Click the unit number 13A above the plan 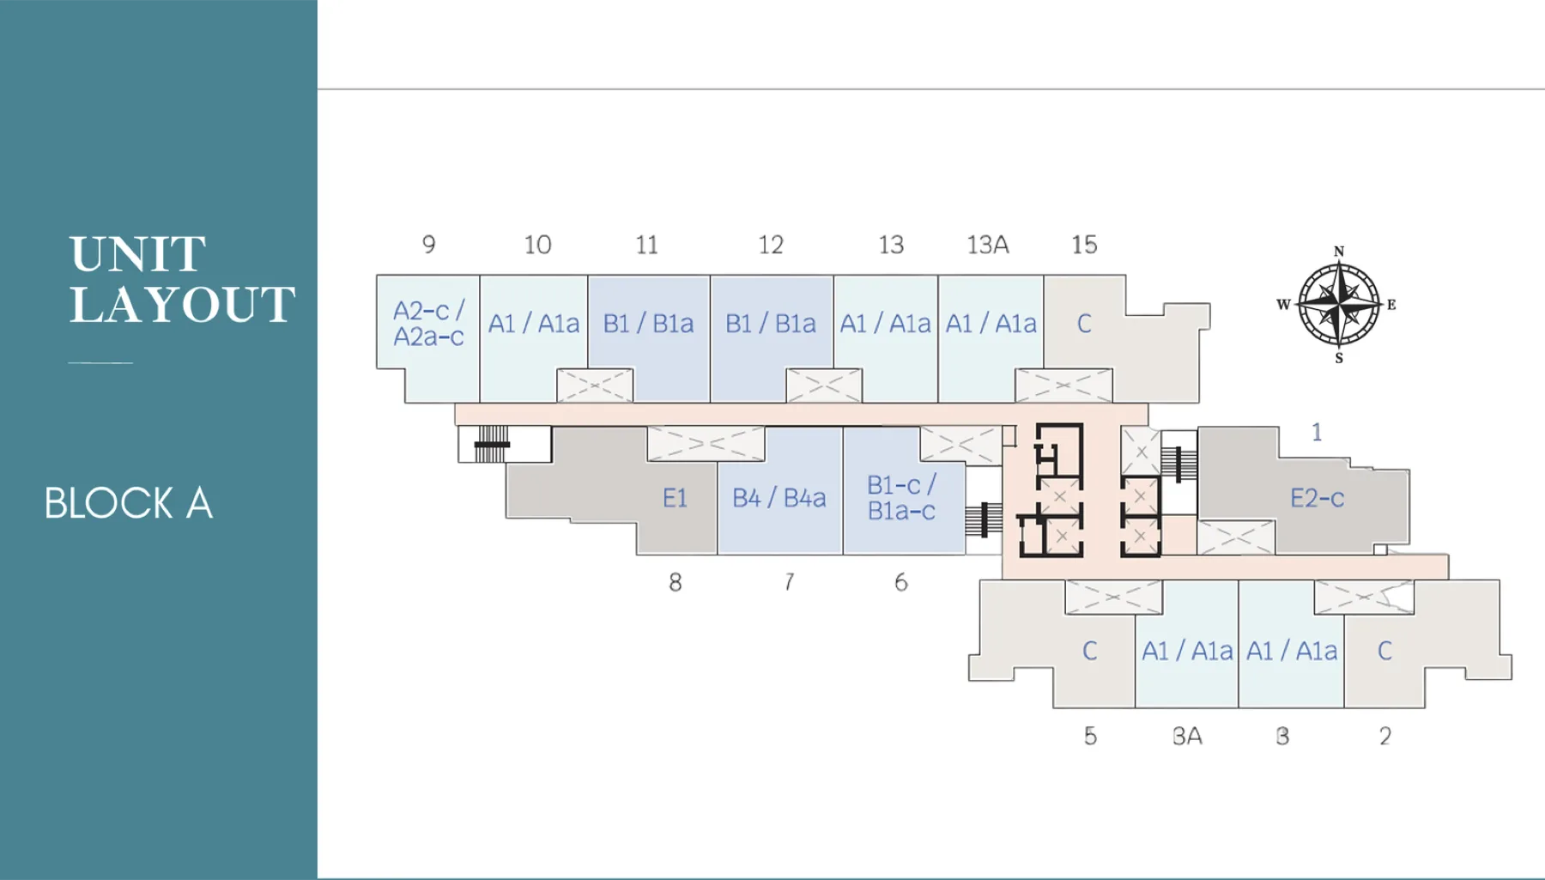[x=988, y=245]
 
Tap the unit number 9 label [x=429, y=245]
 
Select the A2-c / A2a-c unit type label [x=429, y=324]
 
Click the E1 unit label [x=675, y=498]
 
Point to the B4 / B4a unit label [x=779, y=498]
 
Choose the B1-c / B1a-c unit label [x=901, y=498]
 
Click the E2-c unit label [x=1318, y=498]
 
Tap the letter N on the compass [x=1339, y=252]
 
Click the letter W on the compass [x=1283, y=305]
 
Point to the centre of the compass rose [x=1339, y=304]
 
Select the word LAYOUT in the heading [x=183, y=305]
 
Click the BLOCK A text [x=129, y=503]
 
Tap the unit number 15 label [x=1084, y=245]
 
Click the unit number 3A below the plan [x=1187, y=736]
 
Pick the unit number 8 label [x=676, y=582]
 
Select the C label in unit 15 [x=1084, y=324]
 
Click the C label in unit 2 [x=1384, y=651]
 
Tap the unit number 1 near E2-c [x=1317, y=432]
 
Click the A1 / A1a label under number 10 [x=534, y=324]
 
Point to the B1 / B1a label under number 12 [x=771, y=324]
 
